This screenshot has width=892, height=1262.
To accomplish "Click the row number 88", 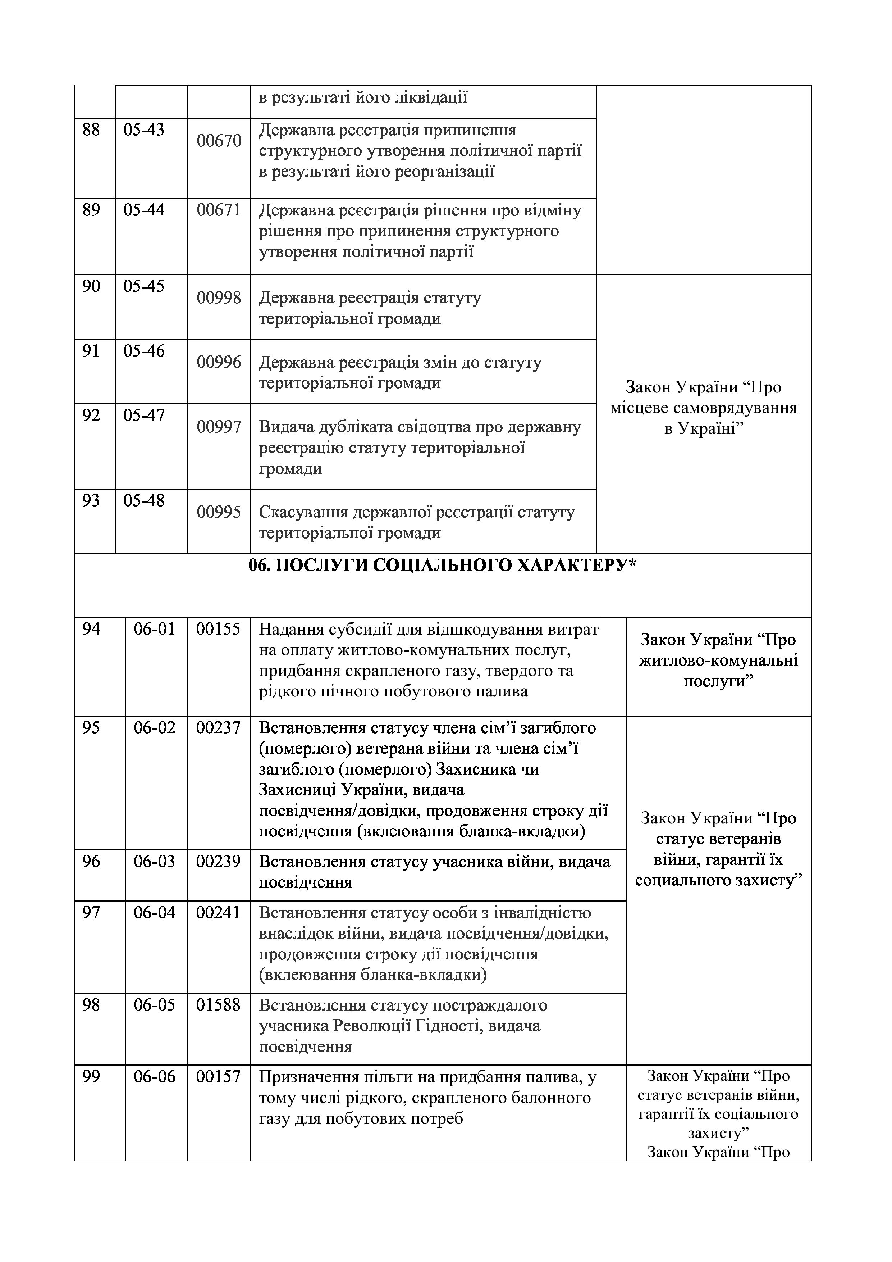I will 91,130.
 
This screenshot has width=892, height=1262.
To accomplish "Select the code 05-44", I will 144,210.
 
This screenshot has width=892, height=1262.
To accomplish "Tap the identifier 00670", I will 219,141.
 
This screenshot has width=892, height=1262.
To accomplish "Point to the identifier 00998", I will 219,298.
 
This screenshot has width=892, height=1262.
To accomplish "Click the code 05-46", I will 144,351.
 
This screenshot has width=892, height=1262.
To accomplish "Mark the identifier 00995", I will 219,512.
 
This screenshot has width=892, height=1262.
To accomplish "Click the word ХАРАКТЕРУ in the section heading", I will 577,566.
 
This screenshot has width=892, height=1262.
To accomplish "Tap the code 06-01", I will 154,629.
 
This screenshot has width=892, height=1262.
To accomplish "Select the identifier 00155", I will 219,629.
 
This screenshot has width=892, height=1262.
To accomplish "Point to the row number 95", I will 91,728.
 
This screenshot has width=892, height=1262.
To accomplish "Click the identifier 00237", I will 219,728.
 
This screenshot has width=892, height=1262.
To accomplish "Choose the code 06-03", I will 154,861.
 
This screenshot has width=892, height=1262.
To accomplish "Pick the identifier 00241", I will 219,912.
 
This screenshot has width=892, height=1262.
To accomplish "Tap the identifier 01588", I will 219,1005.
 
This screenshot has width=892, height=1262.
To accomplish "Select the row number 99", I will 91,1077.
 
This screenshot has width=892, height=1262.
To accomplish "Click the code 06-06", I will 154,1077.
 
